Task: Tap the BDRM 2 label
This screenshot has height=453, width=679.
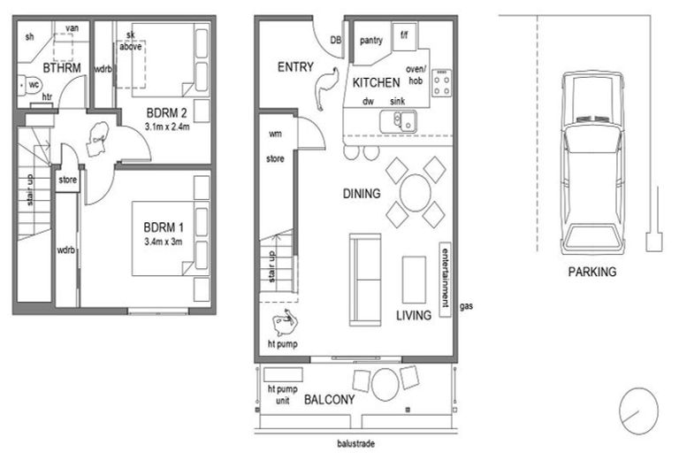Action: tap(166, 112)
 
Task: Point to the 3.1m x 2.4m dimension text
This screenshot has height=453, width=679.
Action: tap(166, 126)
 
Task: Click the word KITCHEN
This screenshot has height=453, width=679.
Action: tap(377, 82)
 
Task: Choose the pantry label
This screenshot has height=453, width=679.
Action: tap(370, 40)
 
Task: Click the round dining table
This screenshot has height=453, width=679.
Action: tap(416, 191)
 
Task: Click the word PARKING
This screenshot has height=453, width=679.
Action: tap(592, 272)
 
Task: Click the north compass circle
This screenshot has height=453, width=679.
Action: tap(638, 408)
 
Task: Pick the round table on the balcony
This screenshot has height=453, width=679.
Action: tap(385, 382)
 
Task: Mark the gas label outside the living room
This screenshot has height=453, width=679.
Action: tap(466, 306)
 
